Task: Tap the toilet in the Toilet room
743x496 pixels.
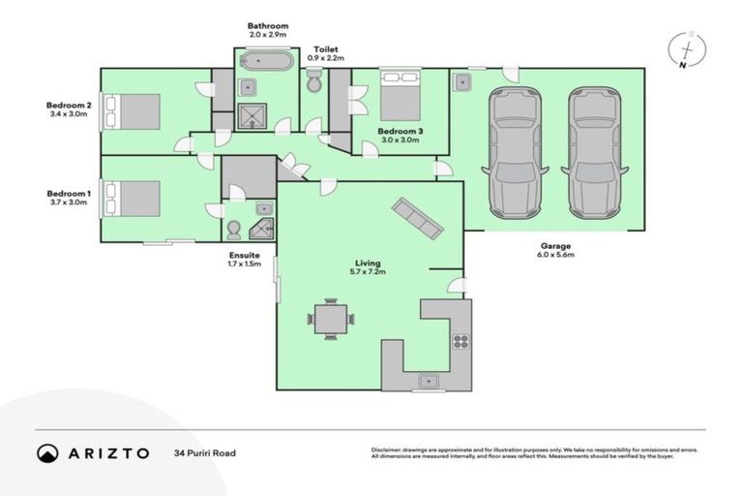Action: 313,84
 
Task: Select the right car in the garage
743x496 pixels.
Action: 593,152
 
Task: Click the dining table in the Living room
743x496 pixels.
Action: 331,319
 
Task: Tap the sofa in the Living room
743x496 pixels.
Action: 417,218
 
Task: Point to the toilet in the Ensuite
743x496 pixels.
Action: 233,230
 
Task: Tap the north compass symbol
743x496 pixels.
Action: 688,49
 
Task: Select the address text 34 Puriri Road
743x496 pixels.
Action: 204,453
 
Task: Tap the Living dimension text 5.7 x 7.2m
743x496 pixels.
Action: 368,273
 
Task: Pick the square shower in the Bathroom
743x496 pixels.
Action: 250,118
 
